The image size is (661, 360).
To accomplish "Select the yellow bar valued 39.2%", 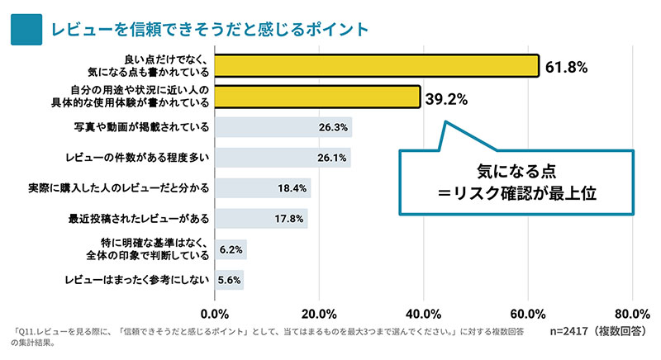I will [317, 97].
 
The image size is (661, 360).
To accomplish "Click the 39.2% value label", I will [447, 99].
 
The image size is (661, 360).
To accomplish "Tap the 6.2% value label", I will [231, 249].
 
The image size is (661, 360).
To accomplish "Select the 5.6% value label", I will [229, 280].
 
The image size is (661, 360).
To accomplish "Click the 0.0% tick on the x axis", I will [215, 313].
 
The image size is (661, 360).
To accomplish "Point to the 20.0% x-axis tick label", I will [319, 313].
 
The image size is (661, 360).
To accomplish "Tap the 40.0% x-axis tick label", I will [423, 313].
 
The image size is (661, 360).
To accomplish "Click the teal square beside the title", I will [27, 27].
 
